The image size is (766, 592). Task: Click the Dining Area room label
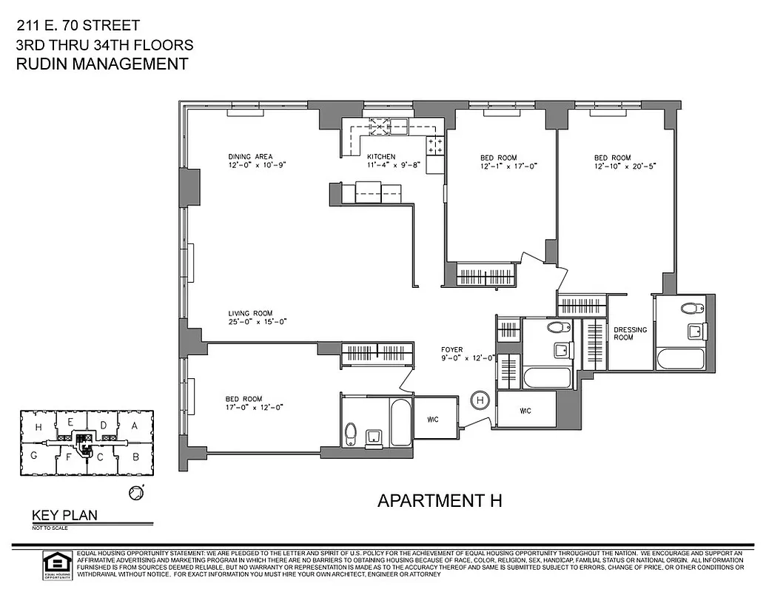coord(250,156)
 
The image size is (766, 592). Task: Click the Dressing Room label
coord(630,333)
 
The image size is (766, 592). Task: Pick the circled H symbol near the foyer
coord(480,400)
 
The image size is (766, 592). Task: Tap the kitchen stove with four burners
coord(435,145)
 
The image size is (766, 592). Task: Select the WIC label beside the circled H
coord(525,411)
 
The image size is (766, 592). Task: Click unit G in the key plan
coord(33,456)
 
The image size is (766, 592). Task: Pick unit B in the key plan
coord(135,456)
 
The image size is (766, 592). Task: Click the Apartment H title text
coord(440,500)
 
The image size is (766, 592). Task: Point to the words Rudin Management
coord(102,64)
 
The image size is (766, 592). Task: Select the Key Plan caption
coord(64,516)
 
